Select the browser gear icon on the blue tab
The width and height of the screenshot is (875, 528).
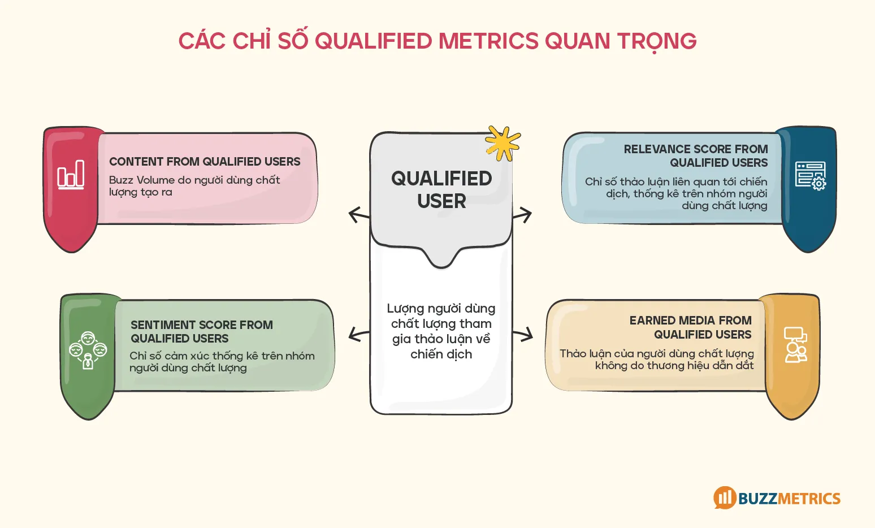click(x=810, y=175)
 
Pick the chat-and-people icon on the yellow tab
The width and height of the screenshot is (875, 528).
click(x=795, y=344)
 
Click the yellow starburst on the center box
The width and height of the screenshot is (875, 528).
click(x=502, y=143)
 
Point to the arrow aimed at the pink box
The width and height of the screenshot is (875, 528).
click(x=358, y=215)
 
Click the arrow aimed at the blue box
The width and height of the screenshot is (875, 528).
click(x=522, y=215)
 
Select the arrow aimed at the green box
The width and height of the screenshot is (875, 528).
click(x=358, y=334)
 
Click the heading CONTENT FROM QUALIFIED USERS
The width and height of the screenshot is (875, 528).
click(x=205, y=162)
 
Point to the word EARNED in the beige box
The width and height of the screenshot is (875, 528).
click(x=652, y=321)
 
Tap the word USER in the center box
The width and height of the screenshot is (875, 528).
click(x=441, y=201)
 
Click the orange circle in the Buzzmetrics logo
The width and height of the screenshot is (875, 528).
click(x=725, y=497)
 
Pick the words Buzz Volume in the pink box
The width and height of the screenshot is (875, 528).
click(x=134, y=180)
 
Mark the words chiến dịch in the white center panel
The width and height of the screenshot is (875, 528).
click(x=441, y=354)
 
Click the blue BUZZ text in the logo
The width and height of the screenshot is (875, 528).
click(x=757, y=499)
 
